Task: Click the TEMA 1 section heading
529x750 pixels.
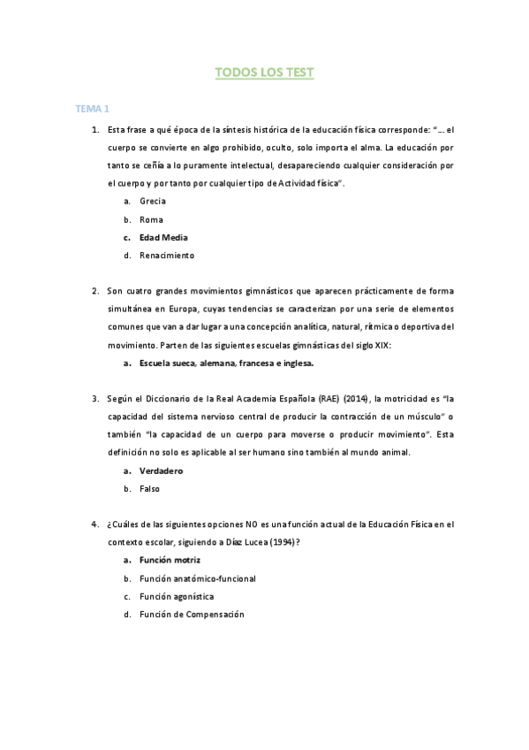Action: pos(92,109)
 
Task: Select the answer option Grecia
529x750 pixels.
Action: pos(153,201)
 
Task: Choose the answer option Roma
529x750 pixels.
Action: pos(151,219)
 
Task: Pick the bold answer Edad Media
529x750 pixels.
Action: pos(163,237)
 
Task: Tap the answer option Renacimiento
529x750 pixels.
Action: pos(166,256)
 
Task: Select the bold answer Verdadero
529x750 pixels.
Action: pos(161,471)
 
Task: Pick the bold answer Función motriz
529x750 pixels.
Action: pos(170,560)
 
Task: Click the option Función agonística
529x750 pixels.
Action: pos(177,596)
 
